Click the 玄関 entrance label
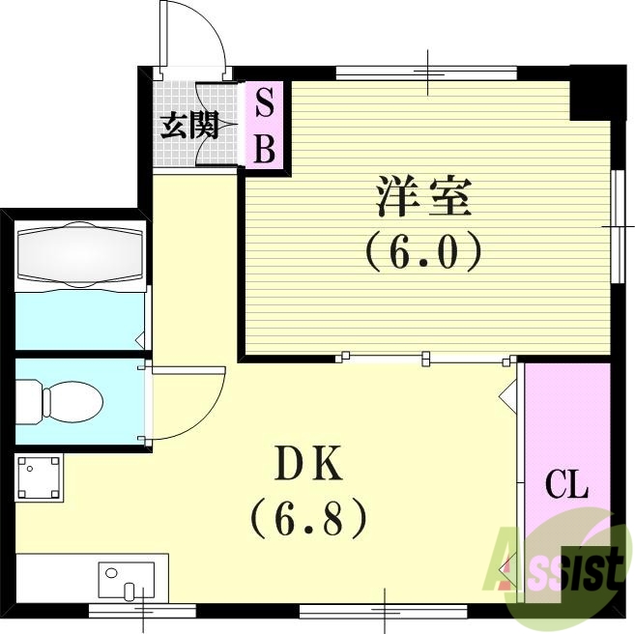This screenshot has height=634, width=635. point(188,127)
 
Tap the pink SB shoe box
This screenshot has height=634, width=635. point(264,126)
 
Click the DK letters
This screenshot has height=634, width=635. point(308,467)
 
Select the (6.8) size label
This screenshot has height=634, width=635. point(308,518)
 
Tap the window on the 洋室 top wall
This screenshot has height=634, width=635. point(428,72)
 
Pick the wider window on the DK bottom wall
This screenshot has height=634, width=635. point(384,611)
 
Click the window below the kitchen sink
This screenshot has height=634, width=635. point(142,611)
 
